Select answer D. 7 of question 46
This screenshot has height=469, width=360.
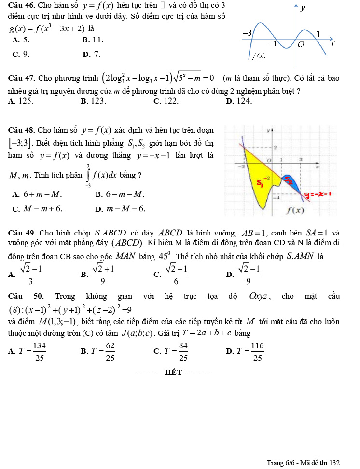point(92,55)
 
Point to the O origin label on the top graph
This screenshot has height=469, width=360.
point(301,44)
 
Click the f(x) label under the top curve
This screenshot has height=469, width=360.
point(259,56)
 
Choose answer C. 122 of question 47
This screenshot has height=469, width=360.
point(166,101)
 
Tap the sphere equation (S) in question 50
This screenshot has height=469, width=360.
point(79,309)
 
